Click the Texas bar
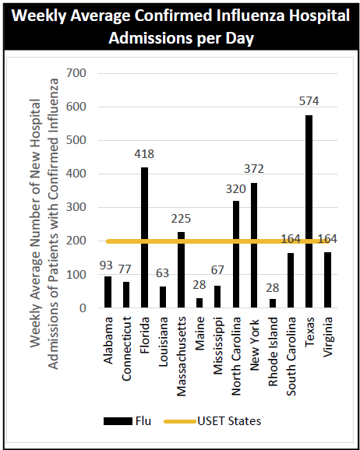click(309, 212)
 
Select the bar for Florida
click(144, 237)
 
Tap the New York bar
click(254, 245)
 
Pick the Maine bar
click(199, 303)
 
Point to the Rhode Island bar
click(273, 304)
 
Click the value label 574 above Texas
click(309, 101)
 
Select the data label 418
click(144, 154)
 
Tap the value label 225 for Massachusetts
click(181, 219)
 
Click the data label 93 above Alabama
click(106, 265)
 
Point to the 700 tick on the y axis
click(76, 73)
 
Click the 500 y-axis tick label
click(76, 140)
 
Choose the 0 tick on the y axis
click(83, 308)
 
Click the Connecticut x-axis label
click(126, 349)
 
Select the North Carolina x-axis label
click(236, 356)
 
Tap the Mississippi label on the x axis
click(217, 346)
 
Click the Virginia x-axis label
click(327, 336)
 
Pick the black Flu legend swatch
click(118, 421)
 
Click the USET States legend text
click(229, 421)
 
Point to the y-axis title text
click(44, 223)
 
